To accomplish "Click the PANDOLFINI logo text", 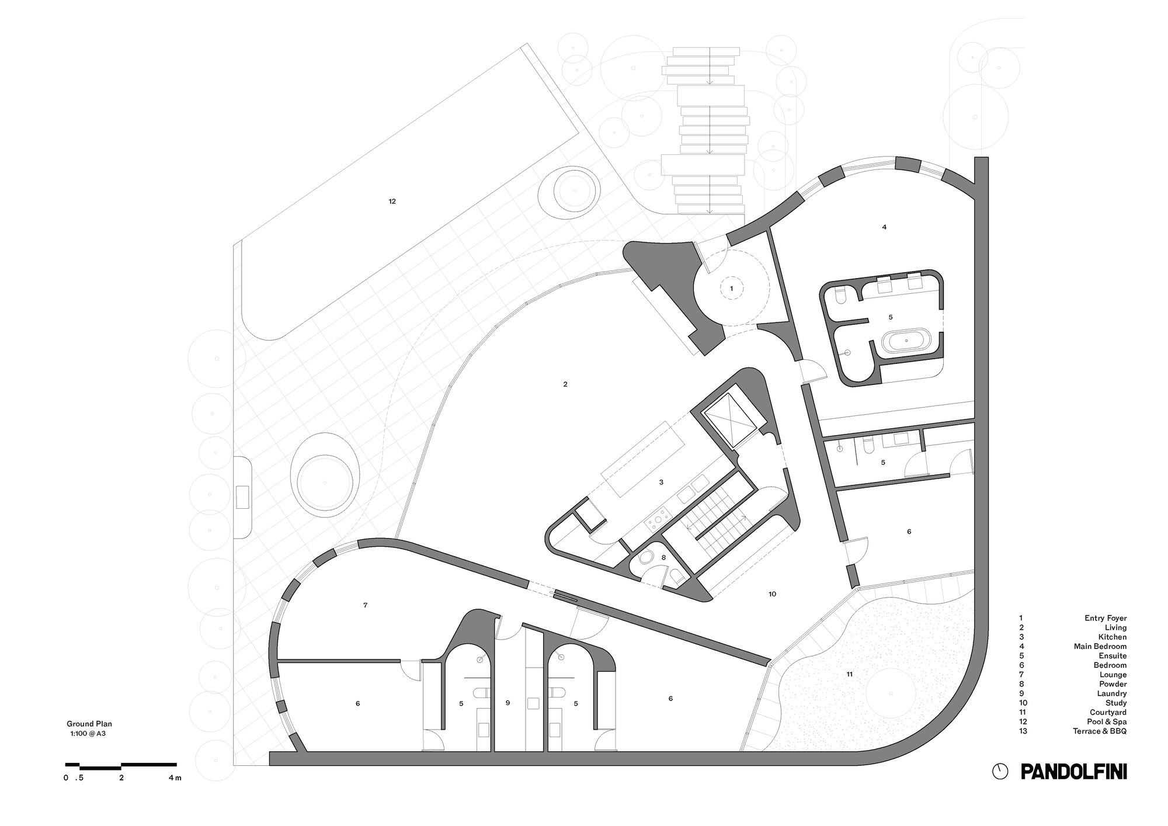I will click(x=1073, y=771).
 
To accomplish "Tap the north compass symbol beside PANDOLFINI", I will click(x=1000, y=771).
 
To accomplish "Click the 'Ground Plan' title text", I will click(x=89, y=724).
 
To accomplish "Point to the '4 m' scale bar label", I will click(x=175, y=778).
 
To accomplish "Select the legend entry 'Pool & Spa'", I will click(x=1107, y=721).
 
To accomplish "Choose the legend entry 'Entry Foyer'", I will click(x=1106, y=618).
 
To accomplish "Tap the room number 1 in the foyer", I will click(x=731, y=288).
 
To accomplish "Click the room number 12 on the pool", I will click(x=392, y=202).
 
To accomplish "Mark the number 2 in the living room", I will click(x=565, y=384).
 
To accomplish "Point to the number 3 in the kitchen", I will click(x=661, y=483).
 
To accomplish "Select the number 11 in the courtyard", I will click(x=849, y=674).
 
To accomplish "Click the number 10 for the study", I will click(x=772, y=594).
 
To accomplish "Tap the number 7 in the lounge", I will click(x=365, y=605).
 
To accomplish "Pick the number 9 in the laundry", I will click(x=507, y=703).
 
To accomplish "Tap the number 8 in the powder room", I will click(x=663, y=558).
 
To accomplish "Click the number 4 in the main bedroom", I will click(x=884, y=227).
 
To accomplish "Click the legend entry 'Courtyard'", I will click(x=1108, y=712).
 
